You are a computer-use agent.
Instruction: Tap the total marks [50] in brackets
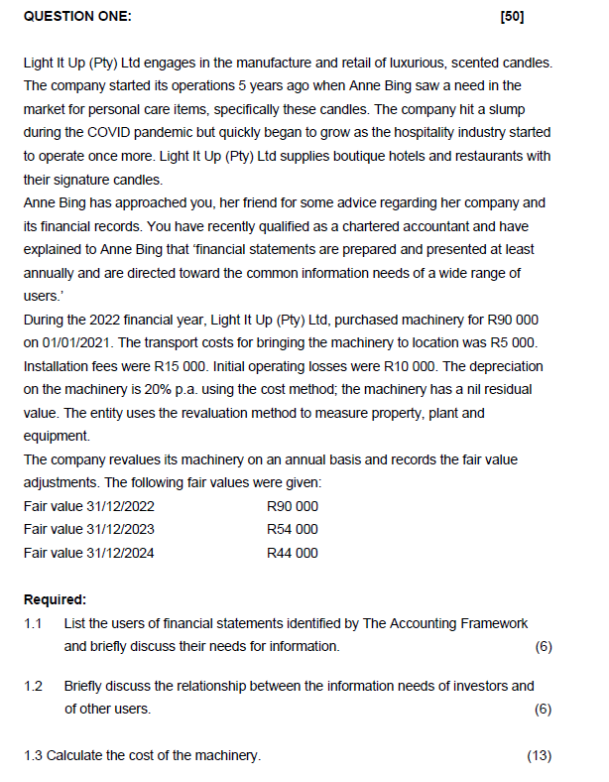click(x=513, y=17)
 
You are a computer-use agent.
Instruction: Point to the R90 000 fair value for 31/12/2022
click(x=293, y=506)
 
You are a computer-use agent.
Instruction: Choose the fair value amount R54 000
click(x=293, y=530)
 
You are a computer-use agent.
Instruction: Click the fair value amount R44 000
click(x=293, y=553)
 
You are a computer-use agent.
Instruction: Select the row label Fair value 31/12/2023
click(x=88, y=530)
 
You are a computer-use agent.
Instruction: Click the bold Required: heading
click(x=55, y=599)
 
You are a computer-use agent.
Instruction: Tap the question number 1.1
click(x=34, y=623)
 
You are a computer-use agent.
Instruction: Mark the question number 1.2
click(x=34, y=686)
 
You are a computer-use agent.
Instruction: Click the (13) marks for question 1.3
click(x=539, y=756)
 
